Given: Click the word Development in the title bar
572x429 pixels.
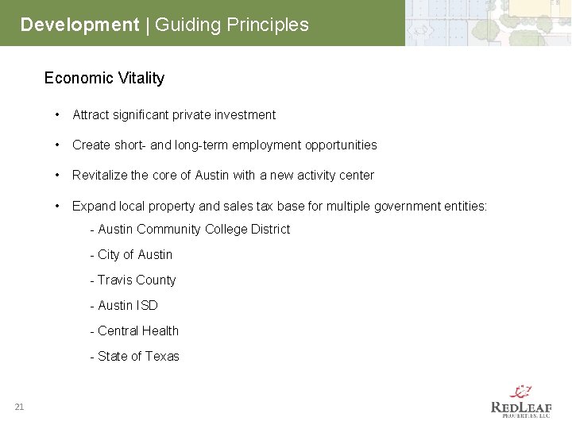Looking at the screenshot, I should (x=79, y=25).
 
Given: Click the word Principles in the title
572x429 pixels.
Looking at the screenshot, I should (x=267, y=25).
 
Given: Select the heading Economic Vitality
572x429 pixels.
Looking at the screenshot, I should (x=104, y=78).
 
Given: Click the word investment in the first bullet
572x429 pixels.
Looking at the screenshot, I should (x=242, y=115).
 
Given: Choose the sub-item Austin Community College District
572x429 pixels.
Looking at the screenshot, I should (x=190, y=230).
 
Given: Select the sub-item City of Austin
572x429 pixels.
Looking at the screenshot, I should (x=131, y=255).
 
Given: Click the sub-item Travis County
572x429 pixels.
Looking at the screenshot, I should (x=133, y=280).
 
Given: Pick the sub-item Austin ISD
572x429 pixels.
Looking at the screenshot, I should (x=124, y=306).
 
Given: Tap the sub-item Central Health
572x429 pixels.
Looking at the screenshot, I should (x=134, y=331).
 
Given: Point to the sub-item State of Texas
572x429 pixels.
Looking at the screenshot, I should (x=134, y=357).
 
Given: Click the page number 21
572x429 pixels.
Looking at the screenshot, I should (x=19, y=408).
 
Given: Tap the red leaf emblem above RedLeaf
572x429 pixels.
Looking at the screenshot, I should (x=521, y=391).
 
